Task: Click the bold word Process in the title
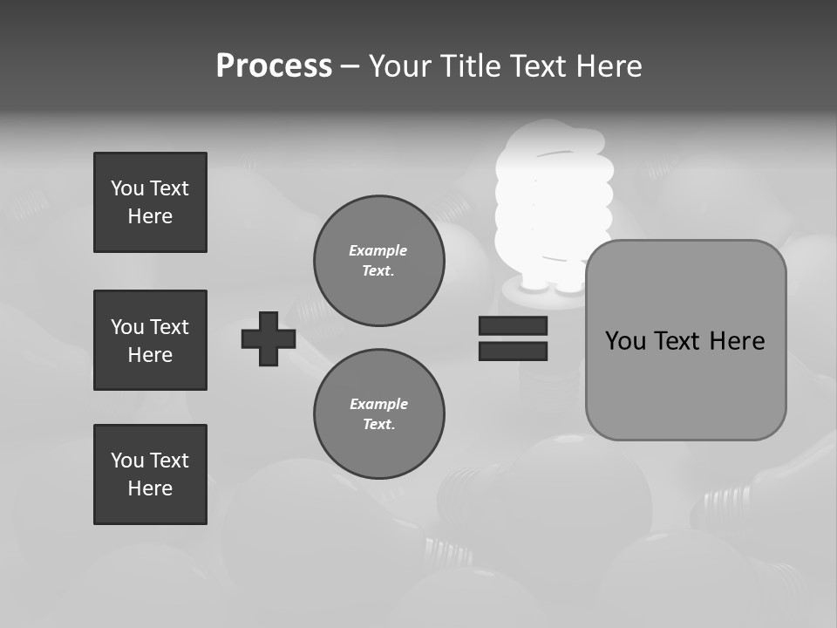pyautogui.click(x=274, y=66)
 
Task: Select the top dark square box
pyautogui.click(x=150, y=202)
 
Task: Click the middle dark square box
pyautogui.click(x=150, y=340)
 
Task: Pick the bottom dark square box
pyautogui.click(x=150, y=474)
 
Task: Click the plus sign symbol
pyautogui.click(x=269, y=338)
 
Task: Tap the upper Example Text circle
pyautogui.click(x=379, y=261)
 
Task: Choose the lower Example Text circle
pyautogui.click(x=379, y=414)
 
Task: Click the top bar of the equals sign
pyautogui.click(x=513, y=325)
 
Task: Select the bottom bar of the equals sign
pyautogui.click(x=513, y=351)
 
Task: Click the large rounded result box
pyautogui.click(x=685, y=340)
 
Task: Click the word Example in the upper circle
pyautogui.click(x=378, y=250)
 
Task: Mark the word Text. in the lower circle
pyautogui.click(x=378, y=425)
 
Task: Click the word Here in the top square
pyautogui.click(x=150, y=216)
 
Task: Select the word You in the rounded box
pyautogui.click(x=625, y=341)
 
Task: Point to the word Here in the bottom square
pyautogui.click(x=150, y=488)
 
